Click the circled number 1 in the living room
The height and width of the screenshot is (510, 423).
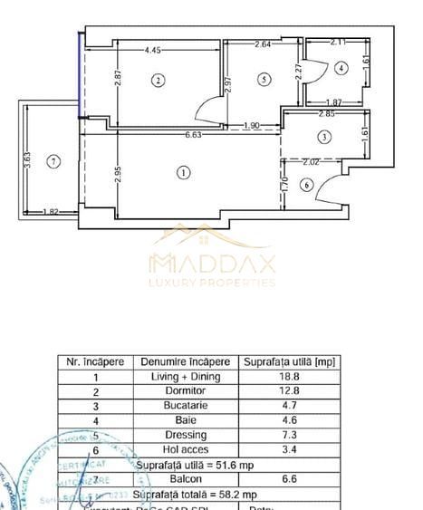click(184, 171)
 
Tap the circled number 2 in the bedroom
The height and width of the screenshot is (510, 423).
click(158, 81)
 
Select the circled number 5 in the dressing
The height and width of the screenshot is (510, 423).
click(264, 80)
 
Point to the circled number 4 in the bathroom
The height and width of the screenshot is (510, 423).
click(340, 68)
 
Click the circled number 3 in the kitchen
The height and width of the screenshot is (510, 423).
click(324, 137)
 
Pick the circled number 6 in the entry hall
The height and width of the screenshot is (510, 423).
click(305, 186)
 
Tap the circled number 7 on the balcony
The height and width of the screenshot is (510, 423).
click(54, 161)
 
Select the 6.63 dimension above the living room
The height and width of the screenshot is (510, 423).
click(193, 135)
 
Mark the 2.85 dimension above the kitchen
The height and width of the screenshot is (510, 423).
click(326, 114)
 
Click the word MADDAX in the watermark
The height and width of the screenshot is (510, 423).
click(212, 264)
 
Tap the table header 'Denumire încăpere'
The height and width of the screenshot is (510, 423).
click(184, 362)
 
